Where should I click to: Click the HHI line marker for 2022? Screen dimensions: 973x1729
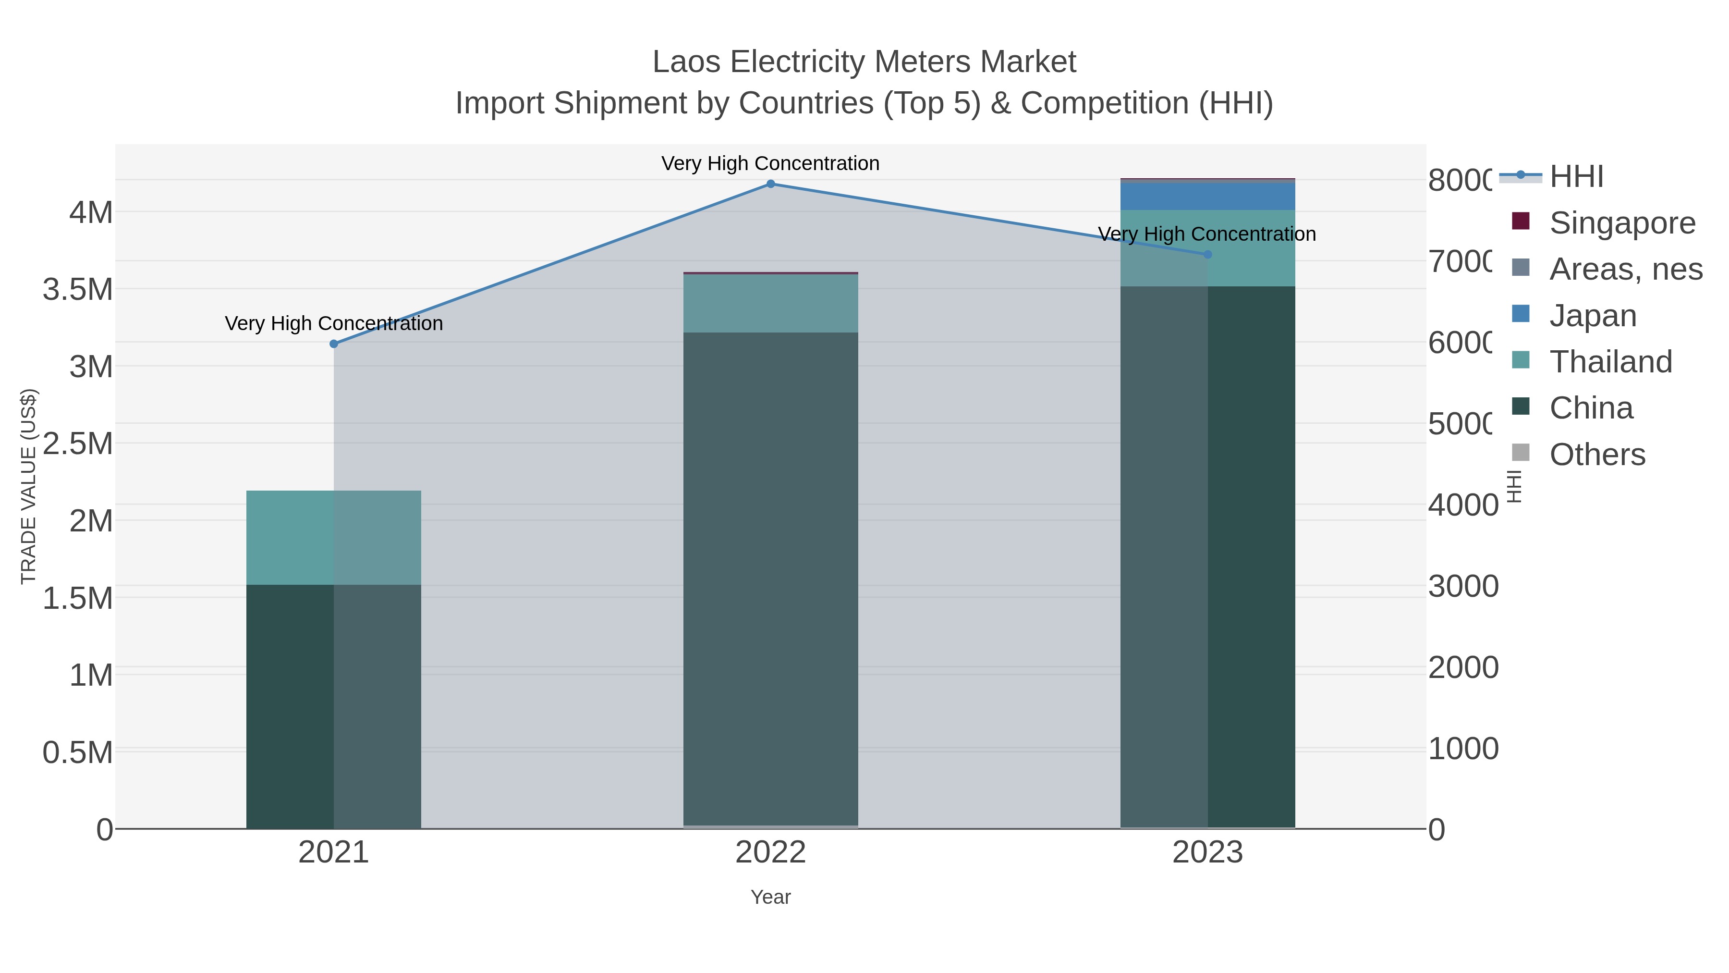coord(770,184)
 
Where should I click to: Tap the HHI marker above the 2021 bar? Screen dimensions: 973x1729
coord(334,344)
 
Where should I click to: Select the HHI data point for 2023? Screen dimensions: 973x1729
coord(1207,255)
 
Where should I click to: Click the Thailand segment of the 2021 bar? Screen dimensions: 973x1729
coord(334,537)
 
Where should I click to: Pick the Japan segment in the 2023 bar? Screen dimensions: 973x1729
coord(1207,197)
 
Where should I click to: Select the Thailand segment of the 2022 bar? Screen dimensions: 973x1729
coord(770,304)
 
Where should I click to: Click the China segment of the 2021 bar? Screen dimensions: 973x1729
coord(334,705)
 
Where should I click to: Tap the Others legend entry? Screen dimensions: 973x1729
coord(1597,455)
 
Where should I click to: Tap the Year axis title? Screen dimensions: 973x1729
coord(770,897)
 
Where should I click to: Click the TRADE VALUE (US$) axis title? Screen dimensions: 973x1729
coord(28,486)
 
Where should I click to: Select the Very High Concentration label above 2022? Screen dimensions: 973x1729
coord(770,163)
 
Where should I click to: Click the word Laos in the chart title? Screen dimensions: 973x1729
coord(687,62)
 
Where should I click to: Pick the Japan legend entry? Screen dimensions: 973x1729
coord(1592,316)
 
